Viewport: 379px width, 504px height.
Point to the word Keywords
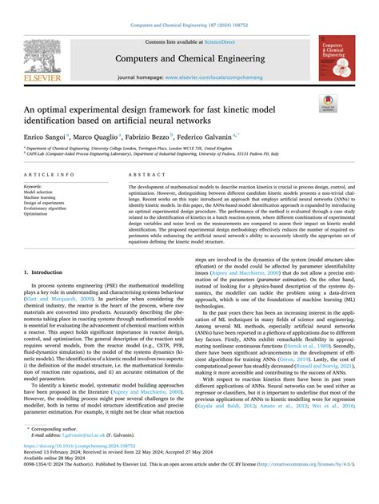coord(33,185)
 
